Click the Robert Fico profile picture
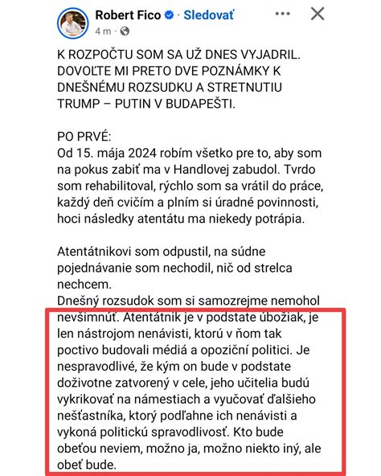72,23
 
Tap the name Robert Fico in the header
127,15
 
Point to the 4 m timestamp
100,31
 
